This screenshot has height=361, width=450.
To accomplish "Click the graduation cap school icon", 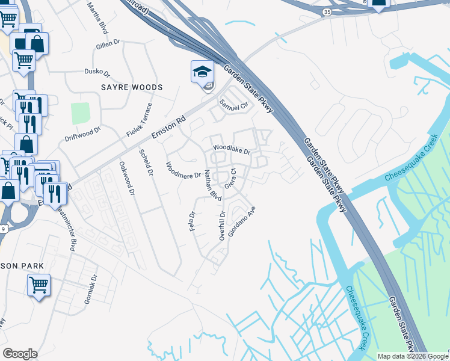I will point(202,72).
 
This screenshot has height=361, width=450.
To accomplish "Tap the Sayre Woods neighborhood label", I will point(132,88).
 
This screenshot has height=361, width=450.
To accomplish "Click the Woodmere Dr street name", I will point(183,171).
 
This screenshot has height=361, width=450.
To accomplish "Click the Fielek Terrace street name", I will point(140,119).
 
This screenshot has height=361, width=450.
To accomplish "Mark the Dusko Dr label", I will point(97,72).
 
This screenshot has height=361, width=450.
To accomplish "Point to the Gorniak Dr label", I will point(91,289).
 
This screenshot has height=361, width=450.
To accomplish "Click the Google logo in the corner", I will point(20,354).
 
